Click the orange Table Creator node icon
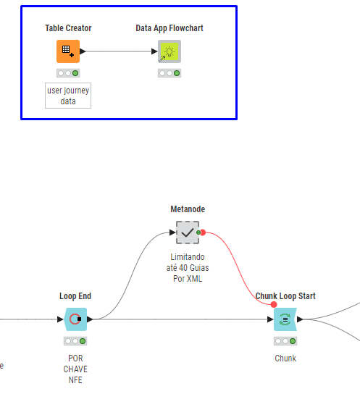(68, 51)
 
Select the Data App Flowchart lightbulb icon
(169, 51)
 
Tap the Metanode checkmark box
(188, 232)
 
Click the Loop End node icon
(75, 319)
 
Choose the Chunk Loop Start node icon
(285, 319)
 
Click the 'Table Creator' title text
(68, 28)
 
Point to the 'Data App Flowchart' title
(169, 28)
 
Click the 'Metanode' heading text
(188, 209)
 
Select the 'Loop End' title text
(75, 296)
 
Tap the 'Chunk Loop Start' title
(285, 296)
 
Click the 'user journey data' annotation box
(68, 96)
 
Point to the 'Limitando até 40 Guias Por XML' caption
(188, 268)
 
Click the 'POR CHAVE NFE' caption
(75, 369)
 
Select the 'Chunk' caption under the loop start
(285, 358)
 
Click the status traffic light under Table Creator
(68, 73)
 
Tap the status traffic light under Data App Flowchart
(169, 73)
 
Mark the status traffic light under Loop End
(75, 341)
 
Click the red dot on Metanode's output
(203, 232)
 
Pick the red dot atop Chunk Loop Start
(274, 304)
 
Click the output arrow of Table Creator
(83, 51)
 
